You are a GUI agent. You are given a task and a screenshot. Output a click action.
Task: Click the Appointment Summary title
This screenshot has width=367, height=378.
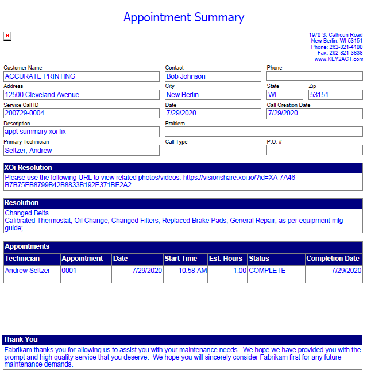click(183, 17)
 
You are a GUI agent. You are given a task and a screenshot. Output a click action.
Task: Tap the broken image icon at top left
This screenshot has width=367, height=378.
click(7, 36)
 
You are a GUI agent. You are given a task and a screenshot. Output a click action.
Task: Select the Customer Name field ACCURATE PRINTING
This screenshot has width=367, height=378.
click(81, 76)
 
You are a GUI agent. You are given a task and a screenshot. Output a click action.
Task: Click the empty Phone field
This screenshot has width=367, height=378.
click(314, 76)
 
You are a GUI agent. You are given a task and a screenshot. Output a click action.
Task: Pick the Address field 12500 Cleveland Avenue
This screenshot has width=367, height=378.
click(81, 95)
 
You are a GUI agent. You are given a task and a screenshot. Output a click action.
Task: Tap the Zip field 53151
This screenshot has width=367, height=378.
click(335, 95)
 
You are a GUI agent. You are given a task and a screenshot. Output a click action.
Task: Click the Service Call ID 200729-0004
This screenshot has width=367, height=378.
click(81, 113)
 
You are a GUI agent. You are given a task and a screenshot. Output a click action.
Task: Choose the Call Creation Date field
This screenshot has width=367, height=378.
click(314, 113)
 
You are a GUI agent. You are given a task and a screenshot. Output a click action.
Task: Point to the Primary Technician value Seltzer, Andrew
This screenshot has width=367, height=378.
click(81, 151)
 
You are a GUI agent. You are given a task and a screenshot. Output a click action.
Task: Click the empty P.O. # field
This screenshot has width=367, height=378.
click(314, 151)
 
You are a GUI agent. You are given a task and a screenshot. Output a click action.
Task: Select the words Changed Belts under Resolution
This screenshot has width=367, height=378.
click(26, 213)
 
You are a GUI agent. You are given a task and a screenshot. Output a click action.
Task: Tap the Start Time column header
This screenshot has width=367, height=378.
click(181, 259)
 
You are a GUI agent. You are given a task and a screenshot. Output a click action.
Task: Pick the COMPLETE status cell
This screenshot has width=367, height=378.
click(267, 271)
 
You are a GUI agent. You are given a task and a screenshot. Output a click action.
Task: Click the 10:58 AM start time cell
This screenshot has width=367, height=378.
click(192, 271)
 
